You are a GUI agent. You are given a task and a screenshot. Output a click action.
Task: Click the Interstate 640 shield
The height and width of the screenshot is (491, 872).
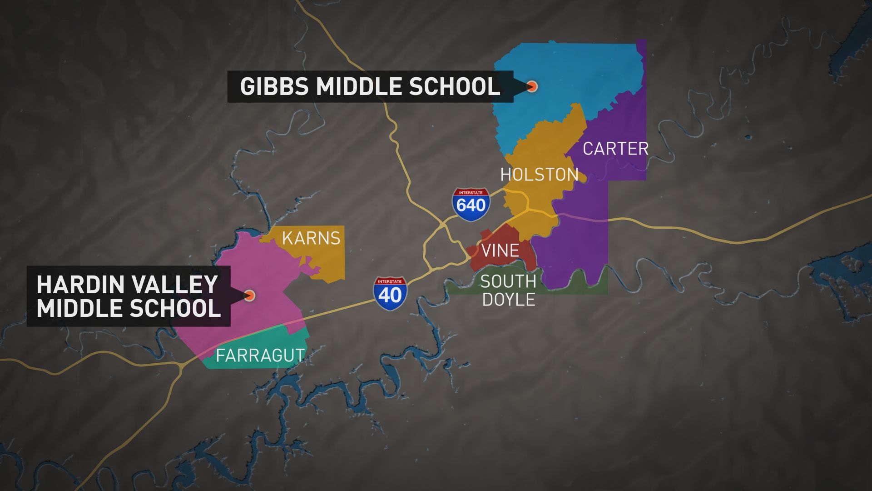coord(471,205)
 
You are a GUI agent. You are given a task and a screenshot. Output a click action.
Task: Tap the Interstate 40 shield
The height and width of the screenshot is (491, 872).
coord(390,294)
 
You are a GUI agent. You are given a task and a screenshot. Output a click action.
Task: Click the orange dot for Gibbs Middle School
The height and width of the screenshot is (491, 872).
coord(532,86)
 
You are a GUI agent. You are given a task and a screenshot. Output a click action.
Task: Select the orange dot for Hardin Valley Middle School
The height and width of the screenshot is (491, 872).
coord(249,296)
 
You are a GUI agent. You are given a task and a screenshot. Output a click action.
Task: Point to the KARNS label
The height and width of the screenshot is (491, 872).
coord(311,238)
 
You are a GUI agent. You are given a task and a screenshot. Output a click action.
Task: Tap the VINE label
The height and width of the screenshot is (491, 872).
coord(500,251)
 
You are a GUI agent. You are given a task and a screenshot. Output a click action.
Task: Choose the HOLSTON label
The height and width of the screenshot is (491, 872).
coord(539,175)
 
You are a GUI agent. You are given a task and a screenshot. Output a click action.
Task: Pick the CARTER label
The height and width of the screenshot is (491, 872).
coord(615,149)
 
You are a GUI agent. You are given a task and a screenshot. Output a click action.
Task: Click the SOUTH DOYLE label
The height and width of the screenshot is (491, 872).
coord(508,291)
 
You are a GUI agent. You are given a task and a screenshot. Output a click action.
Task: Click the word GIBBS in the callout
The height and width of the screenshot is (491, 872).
coord(274,86)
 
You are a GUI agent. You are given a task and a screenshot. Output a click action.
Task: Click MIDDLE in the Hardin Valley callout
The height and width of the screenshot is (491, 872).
coord(79,308)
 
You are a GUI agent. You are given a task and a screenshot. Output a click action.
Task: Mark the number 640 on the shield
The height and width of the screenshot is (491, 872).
coord(471,206)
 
